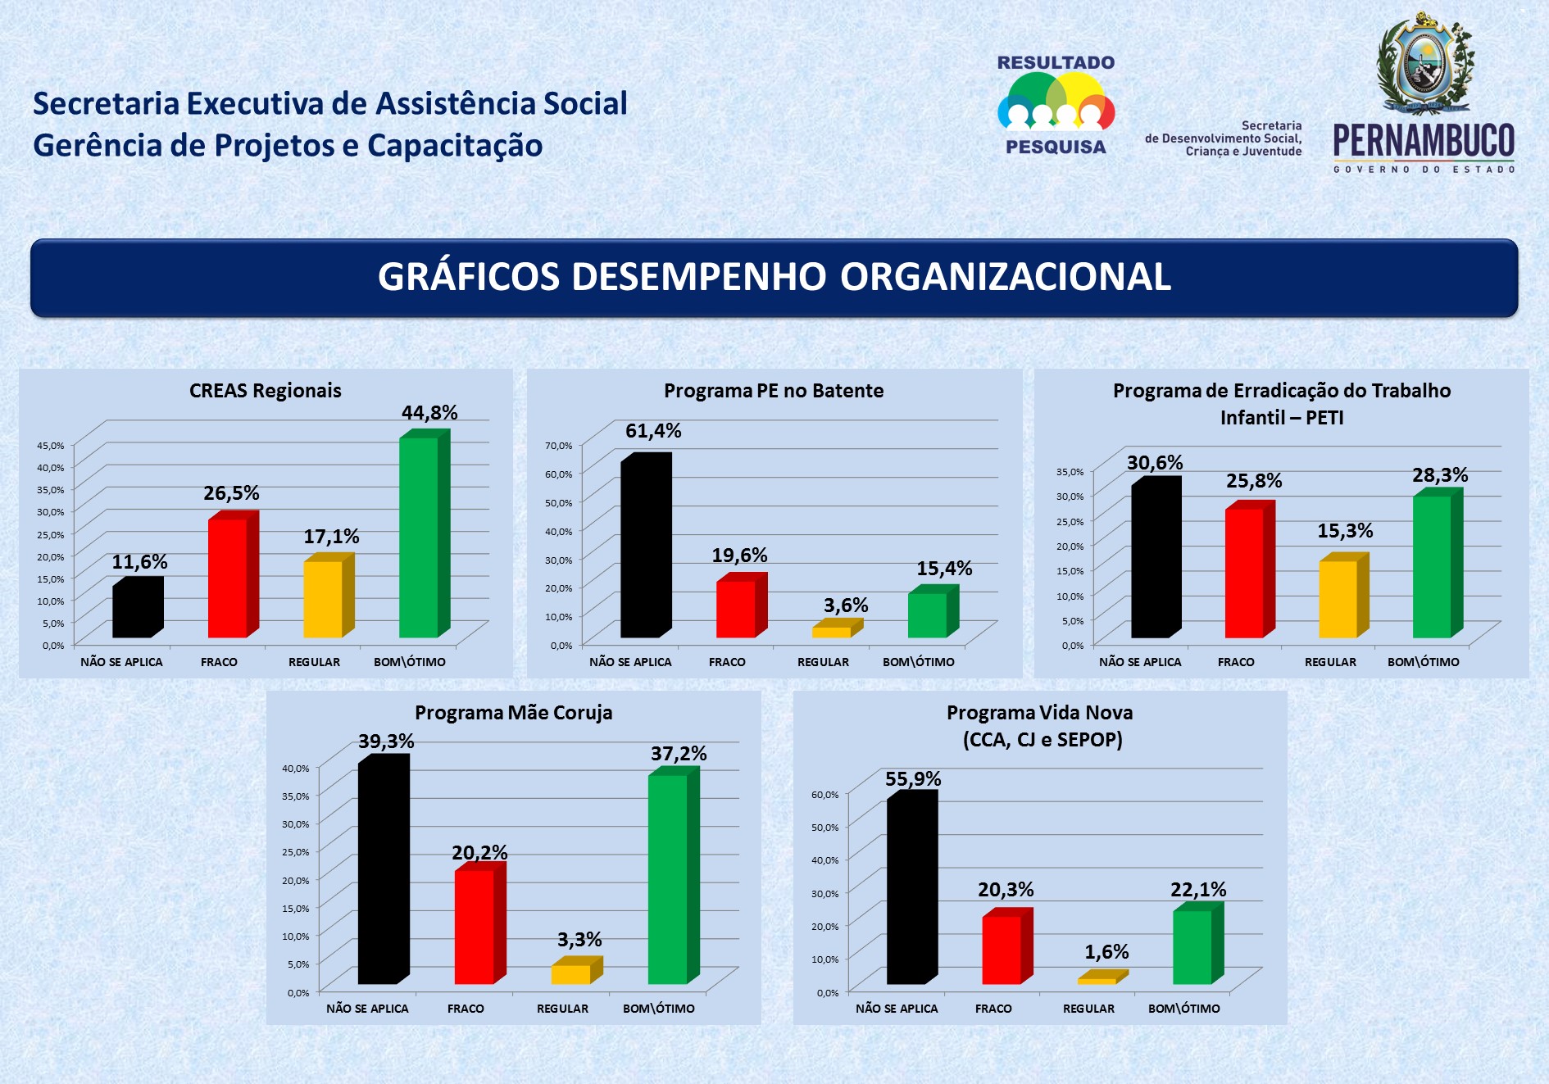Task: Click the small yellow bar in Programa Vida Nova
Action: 1097,980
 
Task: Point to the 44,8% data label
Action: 429,413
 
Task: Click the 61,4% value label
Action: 653,431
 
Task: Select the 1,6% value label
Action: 1106,952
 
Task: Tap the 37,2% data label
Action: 679,754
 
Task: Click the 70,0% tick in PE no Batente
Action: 561,446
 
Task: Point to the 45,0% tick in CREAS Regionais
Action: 51,446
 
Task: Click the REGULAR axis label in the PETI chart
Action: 1330,662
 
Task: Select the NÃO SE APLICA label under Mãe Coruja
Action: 367,1009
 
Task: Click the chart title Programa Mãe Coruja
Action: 513,713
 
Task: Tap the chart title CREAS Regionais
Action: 266,391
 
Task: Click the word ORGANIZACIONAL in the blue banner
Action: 1005,277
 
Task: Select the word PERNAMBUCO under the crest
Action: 1424,141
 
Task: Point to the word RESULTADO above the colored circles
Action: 1056,63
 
